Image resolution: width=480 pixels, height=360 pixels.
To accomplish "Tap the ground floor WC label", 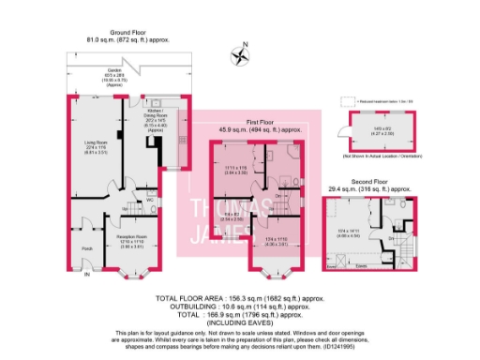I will tap(138, 199).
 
